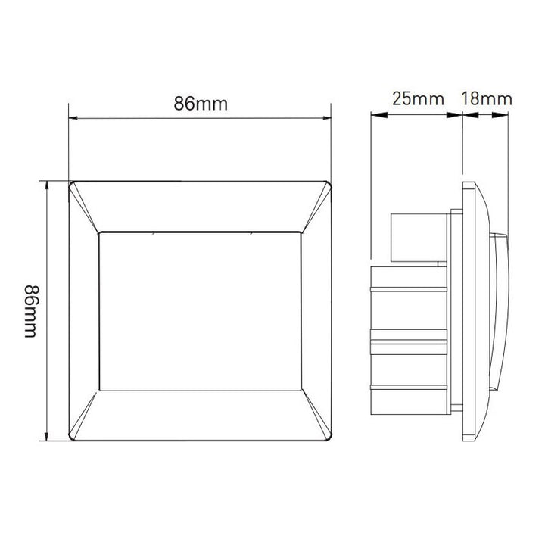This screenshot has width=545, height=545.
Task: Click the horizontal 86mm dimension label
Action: pyautogui.click(x=201, y=104)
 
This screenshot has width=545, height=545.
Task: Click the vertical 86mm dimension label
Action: pyautogui.click(x=31, y=311)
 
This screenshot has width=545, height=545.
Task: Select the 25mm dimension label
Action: pyautogui.click(x=418, y=99)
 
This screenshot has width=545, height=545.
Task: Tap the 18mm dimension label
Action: pyautogui.click(x=486, y=99)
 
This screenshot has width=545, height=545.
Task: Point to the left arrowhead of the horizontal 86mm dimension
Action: pyautogui.click(x=73, y=118)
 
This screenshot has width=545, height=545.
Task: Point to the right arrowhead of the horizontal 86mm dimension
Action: pyautogui.click(x=327, y=118)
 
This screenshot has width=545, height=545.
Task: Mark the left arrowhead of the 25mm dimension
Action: pyautogui.click(x=379, y=115)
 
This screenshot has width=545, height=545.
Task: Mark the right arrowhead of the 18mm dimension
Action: pyautogui.click(x=500, y=115)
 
